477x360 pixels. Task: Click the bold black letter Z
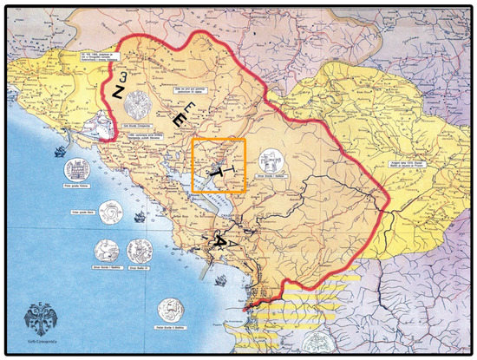click(116, 90)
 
